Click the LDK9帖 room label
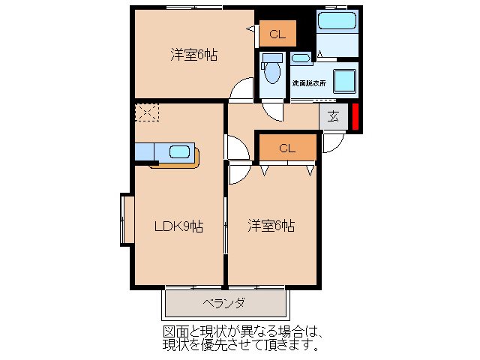[178, 226]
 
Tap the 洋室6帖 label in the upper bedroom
[193, 55]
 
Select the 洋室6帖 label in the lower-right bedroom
[271, 226]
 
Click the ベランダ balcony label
[223, 304]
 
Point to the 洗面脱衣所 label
[309, 82]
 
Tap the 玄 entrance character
[333, 117]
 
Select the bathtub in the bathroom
[337, 20]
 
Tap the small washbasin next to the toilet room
[300, 58]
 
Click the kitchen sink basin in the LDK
[180, 152]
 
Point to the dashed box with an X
[147, 113]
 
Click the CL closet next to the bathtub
[277, 34]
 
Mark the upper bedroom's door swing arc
[241, 91]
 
